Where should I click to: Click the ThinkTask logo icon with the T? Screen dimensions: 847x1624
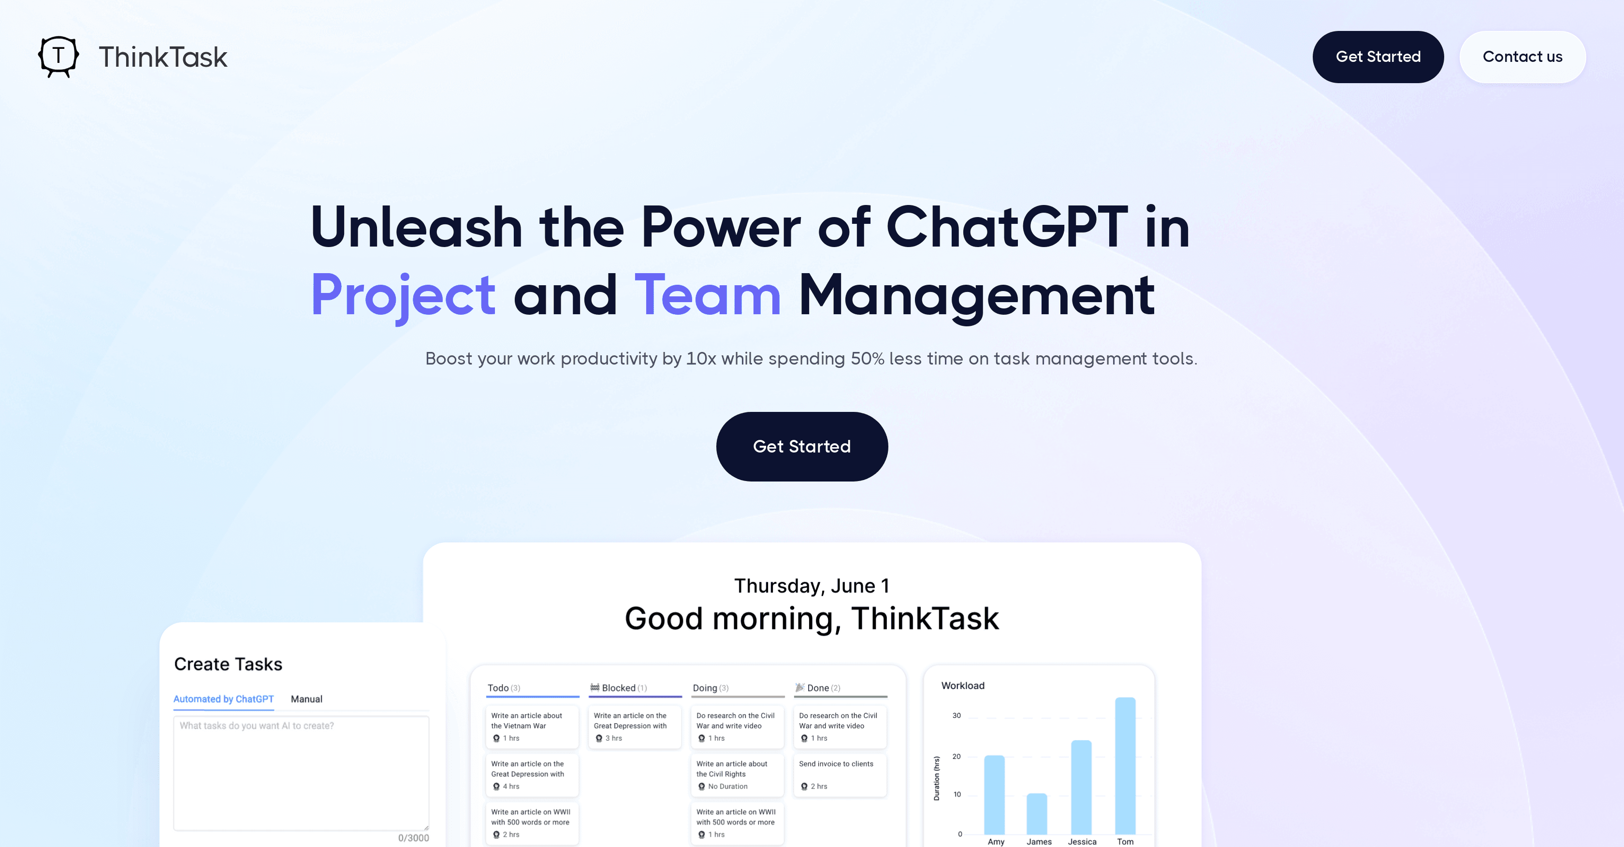(x=58, y=57)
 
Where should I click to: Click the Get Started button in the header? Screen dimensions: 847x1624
(x=1377, y=57)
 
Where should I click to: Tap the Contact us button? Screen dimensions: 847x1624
(x=1522, y=57)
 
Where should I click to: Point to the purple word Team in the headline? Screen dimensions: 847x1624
(x=707, y=295)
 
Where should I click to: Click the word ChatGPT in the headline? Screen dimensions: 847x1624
(x=1007, y=227)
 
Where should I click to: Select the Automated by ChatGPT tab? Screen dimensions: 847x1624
(x=223, y=699)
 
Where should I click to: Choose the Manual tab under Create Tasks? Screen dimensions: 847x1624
(x=306, y=699)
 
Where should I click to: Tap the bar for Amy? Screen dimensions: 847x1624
(x=994, y=795)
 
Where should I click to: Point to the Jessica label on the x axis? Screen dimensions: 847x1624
(x=1082, y=841)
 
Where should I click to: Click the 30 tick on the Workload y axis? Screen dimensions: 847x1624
(x=957, y=715)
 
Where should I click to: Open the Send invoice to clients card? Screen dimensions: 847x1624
(x=839, y=774)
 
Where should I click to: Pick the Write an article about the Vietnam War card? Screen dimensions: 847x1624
(x=532, y=727)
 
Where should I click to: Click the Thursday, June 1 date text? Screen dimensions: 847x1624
(x=812, y=586)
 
